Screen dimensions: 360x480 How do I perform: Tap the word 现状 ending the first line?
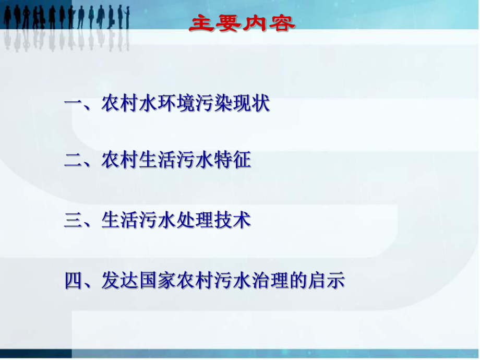[x=251, y=103]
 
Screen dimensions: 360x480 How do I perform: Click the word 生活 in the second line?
[x=158, y=161]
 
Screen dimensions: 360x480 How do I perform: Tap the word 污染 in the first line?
[x=214, y=103]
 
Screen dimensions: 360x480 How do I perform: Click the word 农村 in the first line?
[x=120, y=103]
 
